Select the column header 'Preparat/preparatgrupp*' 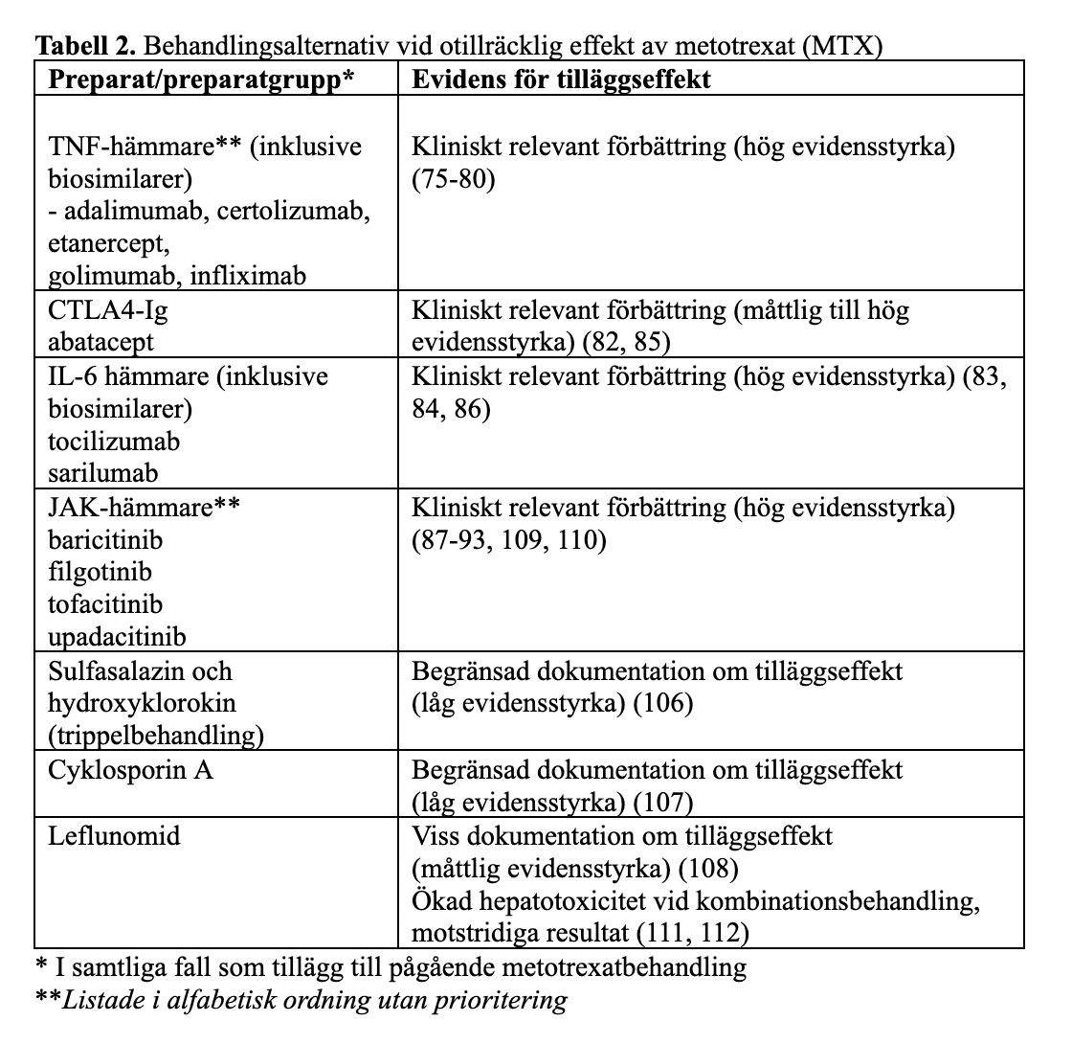pyautogui.click(x=201, y=79)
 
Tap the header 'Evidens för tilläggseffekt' pyautogui.click(x=562, y=79)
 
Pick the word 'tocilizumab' pyautogui.click(x=114, y=442)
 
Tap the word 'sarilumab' pyautogui.click(x=103, y=473)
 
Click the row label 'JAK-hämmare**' pyautogui.click(x=144, y=508)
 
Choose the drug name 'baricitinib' pyautogui.click(x=105, y=540)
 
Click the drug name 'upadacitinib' pyautogui.click(x=117, y=636)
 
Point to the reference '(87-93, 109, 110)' pyautogui.click(x=509, y=540)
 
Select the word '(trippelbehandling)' pyautogui.click(x=156, y=735)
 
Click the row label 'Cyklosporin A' pyautogui.click(x=130, y=769)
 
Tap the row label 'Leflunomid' pyautogui.click(x=114, y=835)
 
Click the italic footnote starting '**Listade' pyautogui.click(x=301, y=1001)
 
